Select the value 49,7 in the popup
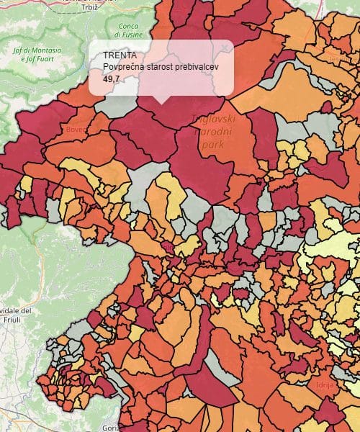[x=112, y=78]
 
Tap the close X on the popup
[x=225, y=48]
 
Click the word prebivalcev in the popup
[x=197, y=66]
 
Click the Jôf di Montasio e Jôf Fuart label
[x=37, y=55]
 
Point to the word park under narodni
[x=214, y=145]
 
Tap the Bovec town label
[x=76, y=130]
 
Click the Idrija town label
[x=325, y=385]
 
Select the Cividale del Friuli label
[x=16, y=315]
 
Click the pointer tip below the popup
[x=161, y=102]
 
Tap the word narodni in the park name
[x=214, y=133]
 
